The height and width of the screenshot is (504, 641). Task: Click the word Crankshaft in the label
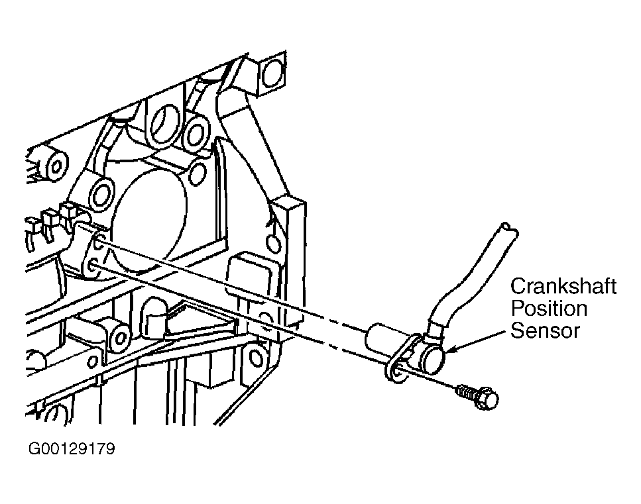coord(563,286)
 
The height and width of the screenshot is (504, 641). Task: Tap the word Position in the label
coord(549,309)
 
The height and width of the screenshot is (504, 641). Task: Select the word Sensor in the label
coord(546,330)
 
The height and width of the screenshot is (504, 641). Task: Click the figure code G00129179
coord(72,449)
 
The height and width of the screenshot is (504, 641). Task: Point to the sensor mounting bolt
coord(477,395)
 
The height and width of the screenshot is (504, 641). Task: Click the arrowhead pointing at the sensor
coord(449,349)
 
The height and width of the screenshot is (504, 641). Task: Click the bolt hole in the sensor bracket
coord(397,372)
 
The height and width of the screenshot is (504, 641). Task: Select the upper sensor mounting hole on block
coord(99,244)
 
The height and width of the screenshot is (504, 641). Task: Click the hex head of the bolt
coord(487,397)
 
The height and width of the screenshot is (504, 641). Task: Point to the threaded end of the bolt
coord(465,393)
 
